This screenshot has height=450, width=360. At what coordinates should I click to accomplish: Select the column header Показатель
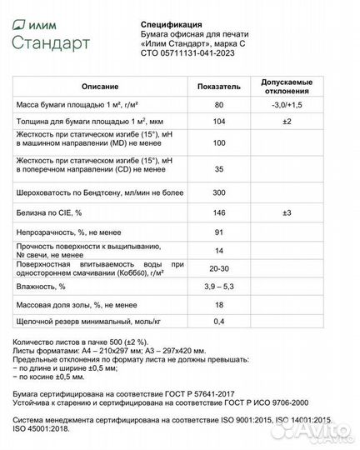tap(219, 87)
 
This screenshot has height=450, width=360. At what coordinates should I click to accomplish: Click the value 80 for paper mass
tap(219, 106)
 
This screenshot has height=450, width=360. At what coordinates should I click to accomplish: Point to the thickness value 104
tap(219, 122)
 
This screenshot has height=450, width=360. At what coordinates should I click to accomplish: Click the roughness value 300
tap(219, 192)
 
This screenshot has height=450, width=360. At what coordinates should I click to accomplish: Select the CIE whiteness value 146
tap(219, 213)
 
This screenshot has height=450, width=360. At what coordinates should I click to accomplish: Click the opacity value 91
tap(219, 232)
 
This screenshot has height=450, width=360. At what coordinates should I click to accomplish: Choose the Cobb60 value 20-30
tap(219, 268)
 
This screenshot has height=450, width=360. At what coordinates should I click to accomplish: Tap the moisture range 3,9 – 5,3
tap(219, 287)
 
